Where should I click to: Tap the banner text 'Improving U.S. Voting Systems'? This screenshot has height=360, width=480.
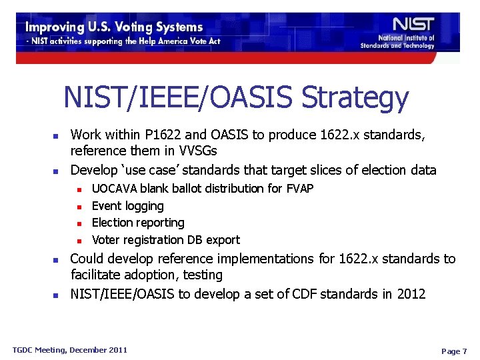tap(114, 27)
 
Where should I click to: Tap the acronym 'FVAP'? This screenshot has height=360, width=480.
tap(299, 189)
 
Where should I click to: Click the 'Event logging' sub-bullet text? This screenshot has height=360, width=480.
tap(127, 206)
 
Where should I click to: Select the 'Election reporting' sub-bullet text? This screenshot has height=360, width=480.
tap(138, 223)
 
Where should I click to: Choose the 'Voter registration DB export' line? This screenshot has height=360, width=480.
tap(165, 240)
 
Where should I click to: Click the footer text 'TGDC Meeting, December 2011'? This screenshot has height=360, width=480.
tap(70, 350)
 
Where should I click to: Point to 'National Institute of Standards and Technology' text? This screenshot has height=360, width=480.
tap(397, 42)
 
